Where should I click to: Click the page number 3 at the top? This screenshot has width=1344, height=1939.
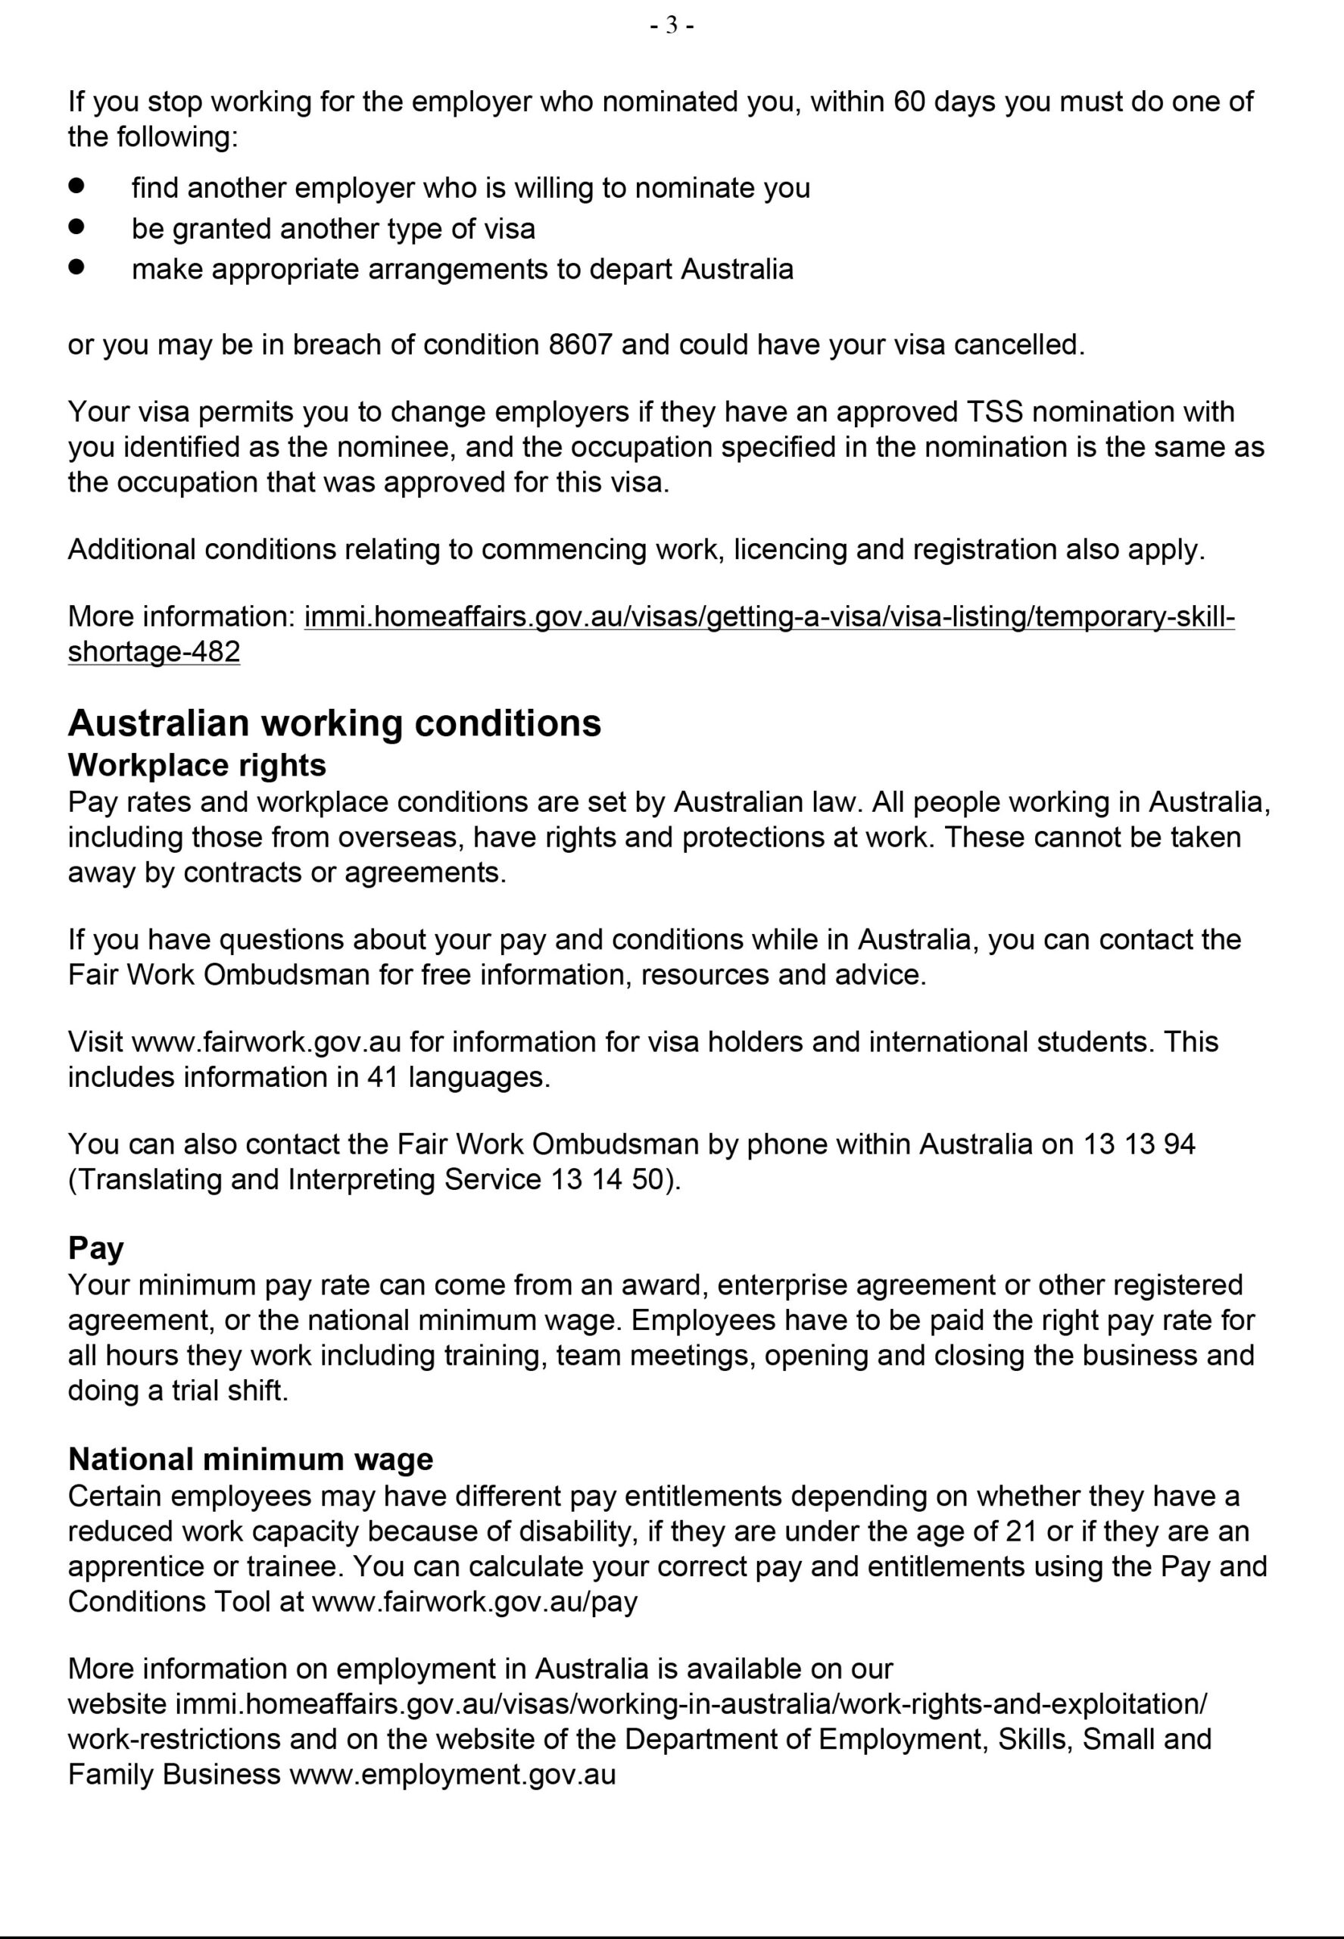click(671, 26)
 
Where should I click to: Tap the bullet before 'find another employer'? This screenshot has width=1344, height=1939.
click(77, 186)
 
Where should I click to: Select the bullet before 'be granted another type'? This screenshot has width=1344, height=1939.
click(77, 226)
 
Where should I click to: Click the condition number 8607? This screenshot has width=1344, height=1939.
click(579, 345)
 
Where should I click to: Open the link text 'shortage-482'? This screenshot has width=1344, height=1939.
click(154, 652)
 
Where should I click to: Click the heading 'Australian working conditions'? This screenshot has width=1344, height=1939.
click(335, 723)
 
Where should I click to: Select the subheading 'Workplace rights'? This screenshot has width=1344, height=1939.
click(197, 765)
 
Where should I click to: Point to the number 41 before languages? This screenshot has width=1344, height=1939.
click(382, 1077)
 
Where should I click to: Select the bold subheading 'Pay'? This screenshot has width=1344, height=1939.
click(96, 1247)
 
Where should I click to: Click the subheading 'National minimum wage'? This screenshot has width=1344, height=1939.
click(251, 1459)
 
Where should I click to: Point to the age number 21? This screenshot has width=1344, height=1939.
click(1021, 1532)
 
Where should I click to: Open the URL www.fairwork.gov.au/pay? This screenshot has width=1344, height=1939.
click(475, 1601)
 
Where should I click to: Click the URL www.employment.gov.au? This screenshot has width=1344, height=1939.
click(453, 1775)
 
